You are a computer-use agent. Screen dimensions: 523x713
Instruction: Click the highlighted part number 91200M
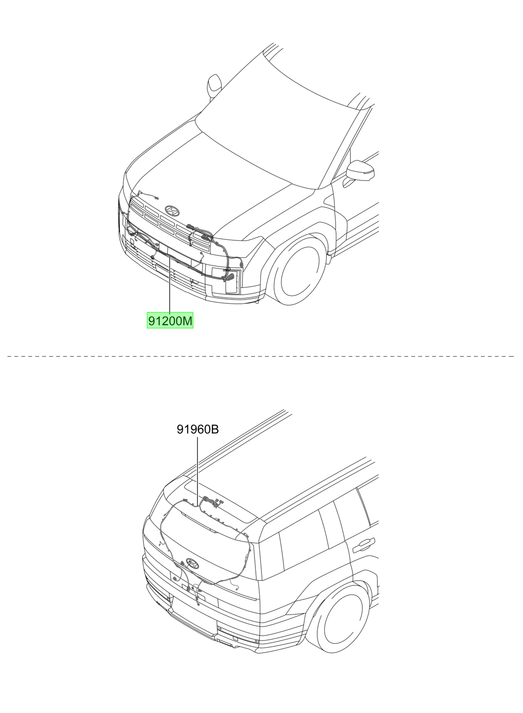click(170, 320)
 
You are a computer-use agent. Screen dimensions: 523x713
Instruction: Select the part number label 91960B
click(197, 430)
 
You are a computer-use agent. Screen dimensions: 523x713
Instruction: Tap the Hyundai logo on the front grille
click(172, 210)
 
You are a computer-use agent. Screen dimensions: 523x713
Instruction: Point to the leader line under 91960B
click(197, 470)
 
